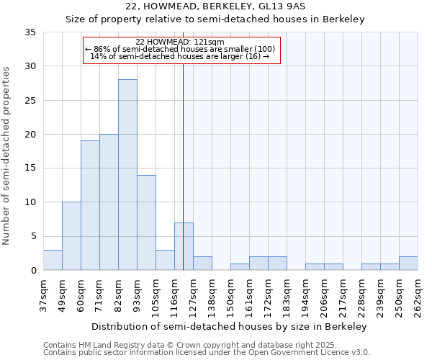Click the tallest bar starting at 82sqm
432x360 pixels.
(127, 175)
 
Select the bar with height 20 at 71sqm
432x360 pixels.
(109, 202)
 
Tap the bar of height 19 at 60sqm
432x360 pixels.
(90, 205)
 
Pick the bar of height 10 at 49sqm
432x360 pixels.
(71, 236)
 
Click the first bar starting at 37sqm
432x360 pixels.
(53, 260)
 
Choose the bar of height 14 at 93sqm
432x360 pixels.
(146, 222)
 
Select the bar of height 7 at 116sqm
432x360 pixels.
(184, 246)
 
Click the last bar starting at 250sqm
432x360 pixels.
(408, 264)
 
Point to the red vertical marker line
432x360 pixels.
(184, 144)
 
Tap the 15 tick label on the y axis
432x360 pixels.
(30, 168)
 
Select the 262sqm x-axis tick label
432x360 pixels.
(418, 295)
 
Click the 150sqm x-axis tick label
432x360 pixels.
(230, 295)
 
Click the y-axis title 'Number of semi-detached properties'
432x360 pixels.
(6, 156)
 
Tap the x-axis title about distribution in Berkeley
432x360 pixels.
(230, 326)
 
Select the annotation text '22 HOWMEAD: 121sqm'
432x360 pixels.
(180, 42)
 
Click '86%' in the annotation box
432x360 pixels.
(101, 49)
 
